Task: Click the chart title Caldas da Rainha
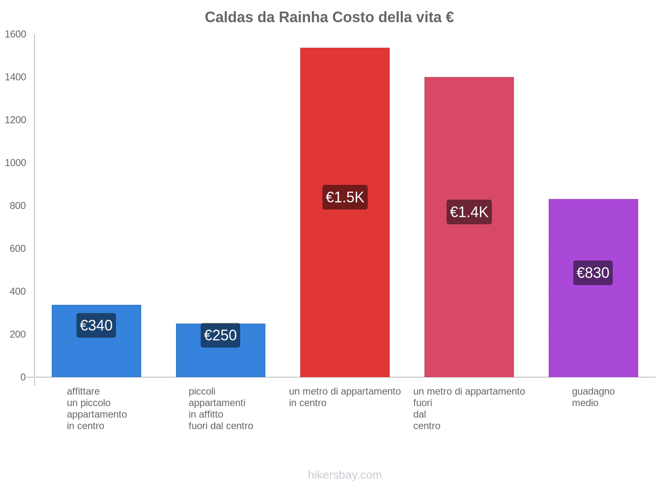[329, 17]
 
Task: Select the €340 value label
[96, 325]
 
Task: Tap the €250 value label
[220, 335]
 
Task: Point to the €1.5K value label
[345, 197]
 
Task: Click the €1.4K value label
[469, 212]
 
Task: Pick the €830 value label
[593, 273]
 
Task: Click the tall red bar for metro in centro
[345, 123]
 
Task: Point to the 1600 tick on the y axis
[16, 35]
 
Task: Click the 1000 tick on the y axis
[16, 163]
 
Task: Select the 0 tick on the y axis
[23, 377]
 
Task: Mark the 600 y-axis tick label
[18, 249]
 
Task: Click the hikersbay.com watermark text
[345, 475]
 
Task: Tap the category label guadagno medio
[593, 397]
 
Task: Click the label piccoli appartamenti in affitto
[220, 408]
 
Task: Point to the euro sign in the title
[449, 17]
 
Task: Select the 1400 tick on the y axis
[16, 77]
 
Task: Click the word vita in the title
[428, 17]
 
